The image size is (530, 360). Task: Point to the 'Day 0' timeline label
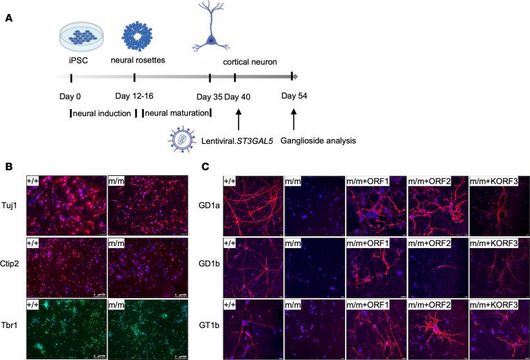point(72,96)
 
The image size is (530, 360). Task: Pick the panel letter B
point(8,167)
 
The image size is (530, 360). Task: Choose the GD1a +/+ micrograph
point(252,206)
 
